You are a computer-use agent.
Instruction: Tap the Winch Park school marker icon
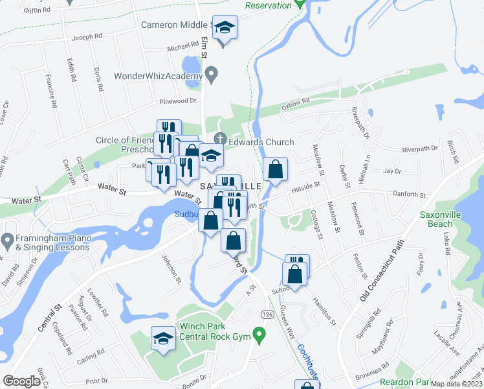(163, 338)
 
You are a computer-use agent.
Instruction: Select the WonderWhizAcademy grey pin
(212, 75)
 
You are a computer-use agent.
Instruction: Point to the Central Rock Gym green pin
(259, 336)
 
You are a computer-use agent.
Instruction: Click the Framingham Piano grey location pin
(8, 241)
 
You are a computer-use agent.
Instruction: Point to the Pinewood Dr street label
(178, 101)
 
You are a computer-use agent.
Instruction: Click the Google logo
(21, 381)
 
